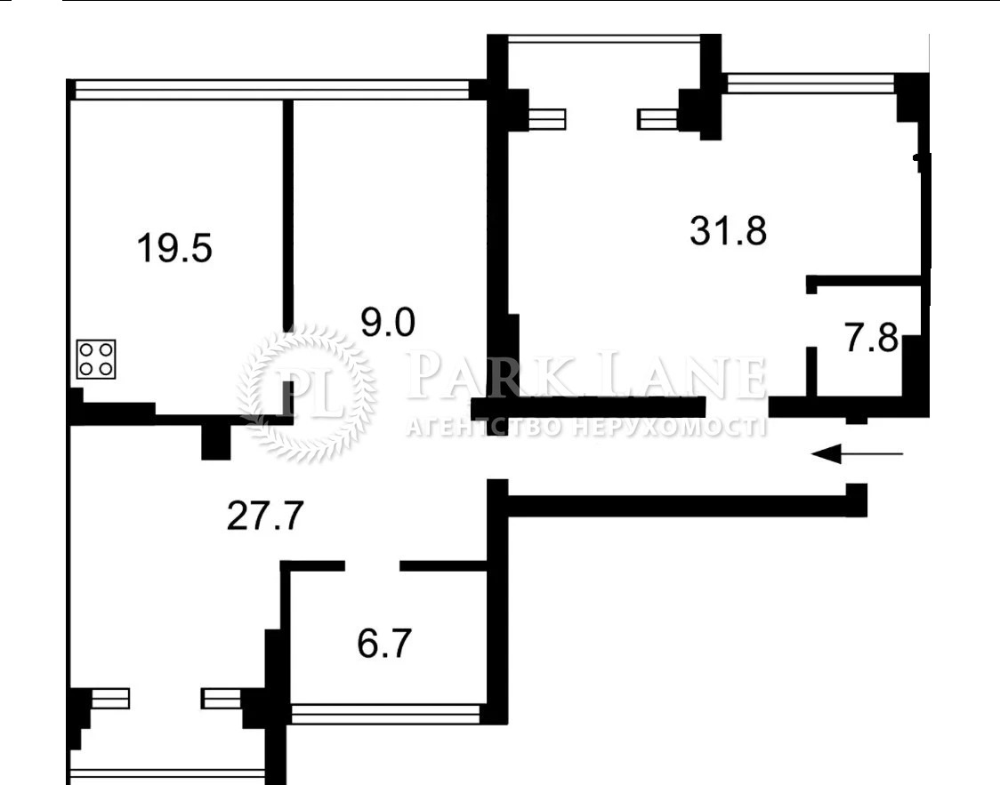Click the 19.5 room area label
pos(174,248)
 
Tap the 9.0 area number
pos(388,322)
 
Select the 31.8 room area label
pos(729,230)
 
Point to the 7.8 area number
pos(871,338)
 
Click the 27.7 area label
pos(264,517)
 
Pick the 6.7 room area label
pos(384,644)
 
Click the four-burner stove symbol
pos(96,359)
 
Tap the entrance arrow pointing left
pos(857,454)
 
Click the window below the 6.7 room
pos(386,714)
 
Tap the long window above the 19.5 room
pos(272,90)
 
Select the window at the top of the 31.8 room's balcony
pos(603,39)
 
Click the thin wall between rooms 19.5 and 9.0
pos(288,214)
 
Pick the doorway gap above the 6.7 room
pos(373,565)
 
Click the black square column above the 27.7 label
pos(215,441)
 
